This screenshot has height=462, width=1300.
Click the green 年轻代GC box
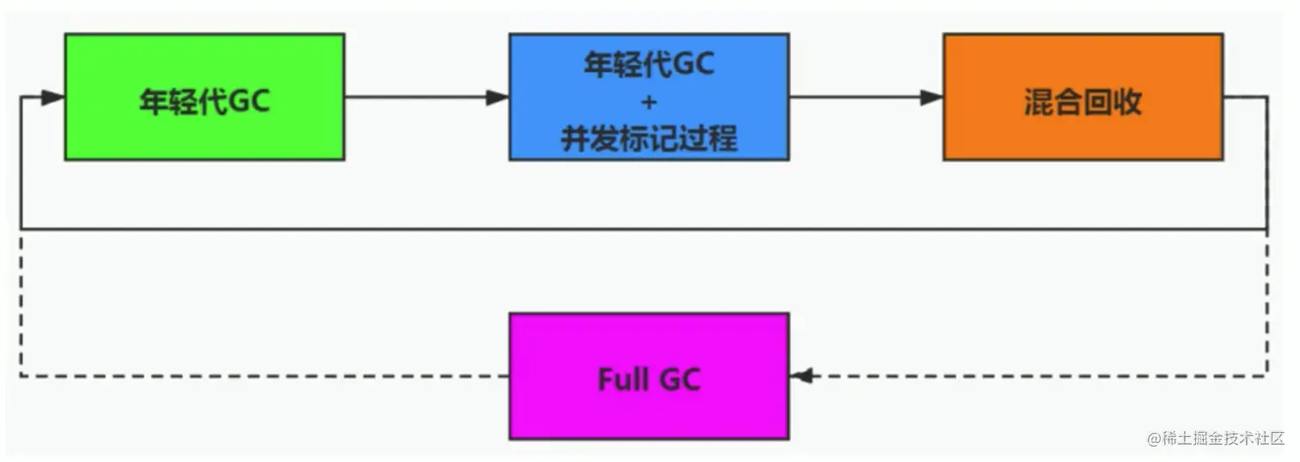pos(205,97)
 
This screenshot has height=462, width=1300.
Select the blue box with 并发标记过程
pos(649,97)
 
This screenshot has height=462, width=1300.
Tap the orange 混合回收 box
pos(1083,97)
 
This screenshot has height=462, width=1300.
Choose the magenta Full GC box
pos(649,376)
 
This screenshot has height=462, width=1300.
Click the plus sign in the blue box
pos(649,102)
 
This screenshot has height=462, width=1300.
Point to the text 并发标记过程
pos(649,139)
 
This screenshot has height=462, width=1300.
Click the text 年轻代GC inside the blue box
pos(649,64)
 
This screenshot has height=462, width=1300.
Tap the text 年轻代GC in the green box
pos(205,101)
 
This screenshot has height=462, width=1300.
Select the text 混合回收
pos(1083,102)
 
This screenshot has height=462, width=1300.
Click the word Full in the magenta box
pos(623,380)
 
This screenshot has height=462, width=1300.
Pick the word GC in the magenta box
pos(680,380)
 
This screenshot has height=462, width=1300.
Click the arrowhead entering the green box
pos(53,97)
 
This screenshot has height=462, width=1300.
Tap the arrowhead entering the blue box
pos(498,97)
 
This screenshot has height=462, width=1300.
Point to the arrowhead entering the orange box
pos(932,97)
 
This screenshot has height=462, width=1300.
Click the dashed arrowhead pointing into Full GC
pos(801,375)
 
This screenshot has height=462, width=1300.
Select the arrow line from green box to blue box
pos(426,97)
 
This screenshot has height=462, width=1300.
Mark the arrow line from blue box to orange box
pos(867,97)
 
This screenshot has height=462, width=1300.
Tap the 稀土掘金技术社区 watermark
pos(1223,438)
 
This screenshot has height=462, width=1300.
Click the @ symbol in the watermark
pos(1154,439)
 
